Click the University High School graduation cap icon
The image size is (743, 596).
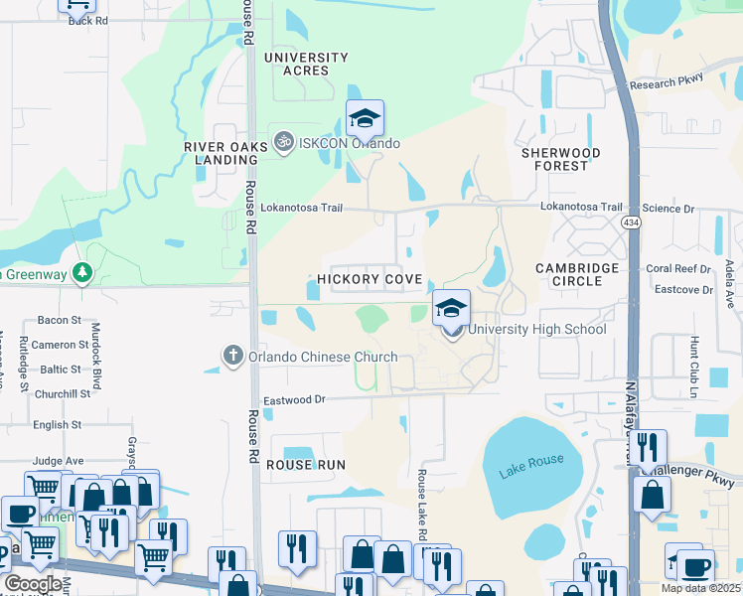pyautogui.click(x=451, y=308)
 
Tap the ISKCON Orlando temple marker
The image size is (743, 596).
pyautogui.click(x=283, y=142)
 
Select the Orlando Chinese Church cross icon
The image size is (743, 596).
pyautogui.click(x=232, y=356)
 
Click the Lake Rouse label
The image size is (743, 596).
pyautogui.click(x=531, y=465)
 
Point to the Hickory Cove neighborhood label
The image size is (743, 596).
pyautogui.click(x=370, y=280)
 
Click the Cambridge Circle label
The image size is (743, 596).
pyautogui.click(x=577, y=274)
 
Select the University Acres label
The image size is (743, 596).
pyautogui.click(x=306, y=64)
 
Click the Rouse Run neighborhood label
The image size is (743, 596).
pyautogui.click(x=305, y=464)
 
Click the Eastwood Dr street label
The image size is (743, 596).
pyautogui.click(x=294, y=399)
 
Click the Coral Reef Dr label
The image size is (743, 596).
pyautogui.click(x=678, y=268)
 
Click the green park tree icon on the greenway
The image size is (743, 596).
pyautogui.click(x=81, y=272)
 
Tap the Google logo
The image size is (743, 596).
pyautogui.click(x=34, y=584)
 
